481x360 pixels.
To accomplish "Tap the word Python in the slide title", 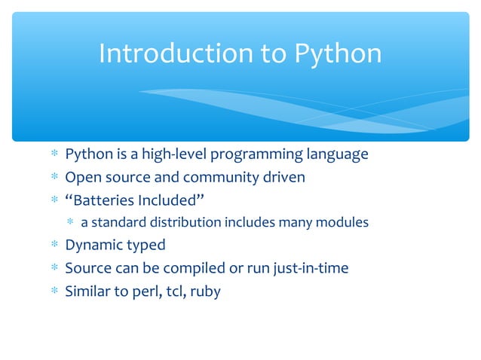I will tap(337, 54).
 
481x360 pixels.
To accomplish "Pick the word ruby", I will tap(205, 291).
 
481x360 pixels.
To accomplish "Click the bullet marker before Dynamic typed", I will tap(54, 245).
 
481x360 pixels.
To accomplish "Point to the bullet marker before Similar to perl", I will tap(54, 290).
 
